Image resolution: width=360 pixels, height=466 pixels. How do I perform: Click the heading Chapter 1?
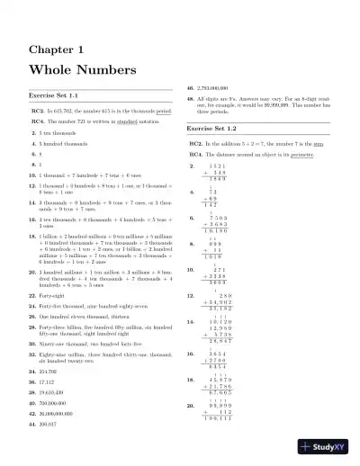56,49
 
